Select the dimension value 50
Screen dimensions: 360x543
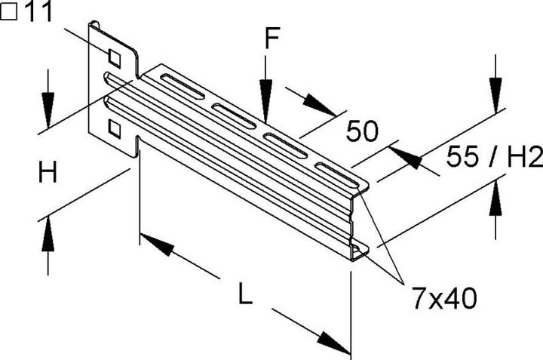(362, 133)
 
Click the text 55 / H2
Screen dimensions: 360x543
(494, 158)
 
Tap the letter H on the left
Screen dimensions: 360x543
(48, 174)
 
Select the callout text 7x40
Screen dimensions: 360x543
(444, 298)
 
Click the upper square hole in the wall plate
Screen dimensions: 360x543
(115, 57)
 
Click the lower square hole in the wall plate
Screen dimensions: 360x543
(115, 129)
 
